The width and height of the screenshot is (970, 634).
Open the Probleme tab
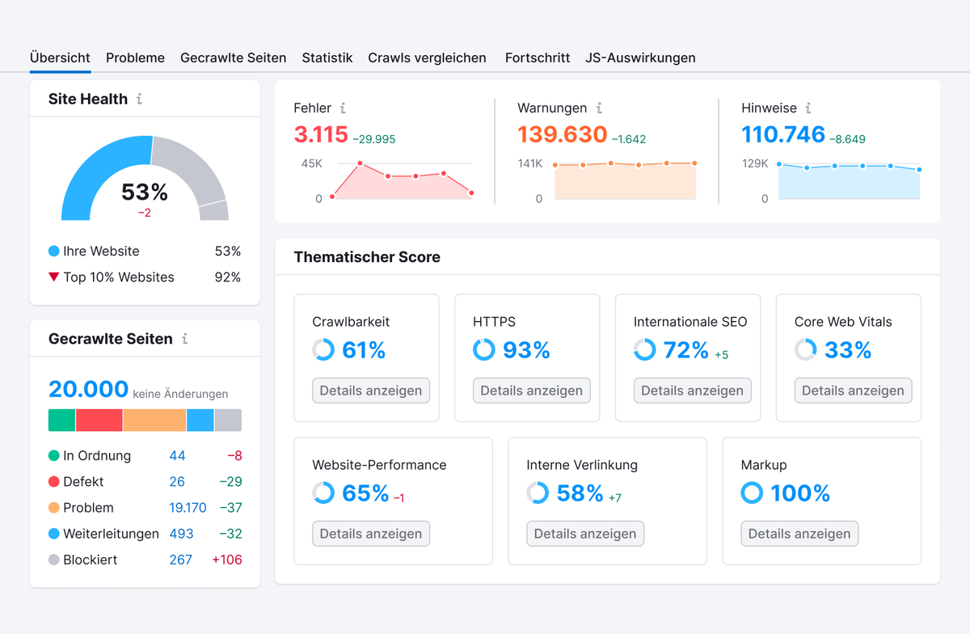pyautogui.click(x=135, y=58)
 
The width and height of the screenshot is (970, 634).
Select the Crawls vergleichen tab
pyautogui.click(x=427, y=58)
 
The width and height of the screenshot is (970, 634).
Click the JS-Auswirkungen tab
pyautogui.click(x=640, y=58)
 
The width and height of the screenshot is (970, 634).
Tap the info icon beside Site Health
pyautogui.click(x=139, y=99)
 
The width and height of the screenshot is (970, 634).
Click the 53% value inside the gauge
pyautogui.click(x=145, y=192)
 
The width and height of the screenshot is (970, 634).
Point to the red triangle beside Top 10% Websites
pyautogui.click(x=53, y=277)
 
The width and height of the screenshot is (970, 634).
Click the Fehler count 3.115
pyautogui.click(x=321, y=134)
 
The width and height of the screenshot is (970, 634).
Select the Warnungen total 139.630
pyautogui.click(x=562, y=134)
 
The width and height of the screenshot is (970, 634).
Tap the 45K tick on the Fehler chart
pyautogui.click(x=312, y=163)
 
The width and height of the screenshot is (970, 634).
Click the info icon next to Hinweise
pyautogui.click(x=808, y=108)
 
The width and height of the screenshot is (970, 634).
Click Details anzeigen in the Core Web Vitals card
pyautogui.click(x=853, y=391)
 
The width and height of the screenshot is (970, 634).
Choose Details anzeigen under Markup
pyautogui.click(x=799, y=534)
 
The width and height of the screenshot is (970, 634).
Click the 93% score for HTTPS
pyautogui.click(x=526, y=350)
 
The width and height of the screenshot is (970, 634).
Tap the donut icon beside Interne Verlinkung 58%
pyautogui.click(x=538, y=493)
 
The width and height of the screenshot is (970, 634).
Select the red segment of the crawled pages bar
pyautogui.click(x=99, y=421)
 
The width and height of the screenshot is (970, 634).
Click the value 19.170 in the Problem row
pyautogui.click(x=188, y=508)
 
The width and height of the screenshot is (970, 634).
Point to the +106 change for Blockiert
pyautogui.click(x=226, y=560)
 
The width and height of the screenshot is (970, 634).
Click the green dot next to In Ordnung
pyautogui.click(x=54, y=456)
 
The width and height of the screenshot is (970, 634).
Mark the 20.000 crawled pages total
pyautogui.click(x=88, y=389)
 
